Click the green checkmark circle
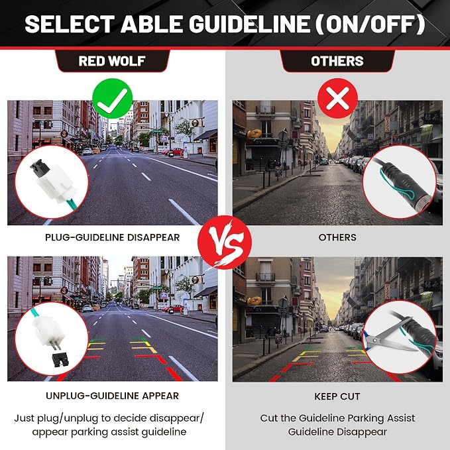[113, 99]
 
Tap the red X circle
[337, 99]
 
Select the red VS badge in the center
[225, 243]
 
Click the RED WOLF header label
[112, 61]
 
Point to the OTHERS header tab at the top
[337, 61]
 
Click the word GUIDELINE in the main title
[249, 24]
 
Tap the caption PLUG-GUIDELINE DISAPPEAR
[113, 237]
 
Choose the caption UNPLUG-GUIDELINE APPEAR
[113, 396]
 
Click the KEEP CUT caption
[337, 396]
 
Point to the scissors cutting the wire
[388, 336]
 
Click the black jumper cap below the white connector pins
[60, 360]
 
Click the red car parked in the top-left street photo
[174, 151]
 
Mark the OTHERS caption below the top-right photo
[337, 237]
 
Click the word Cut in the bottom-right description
[269, 418]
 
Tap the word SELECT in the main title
[70, 24]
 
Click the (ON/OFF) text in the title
[370, 24]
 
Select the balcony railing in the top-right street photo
[266, 109]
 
